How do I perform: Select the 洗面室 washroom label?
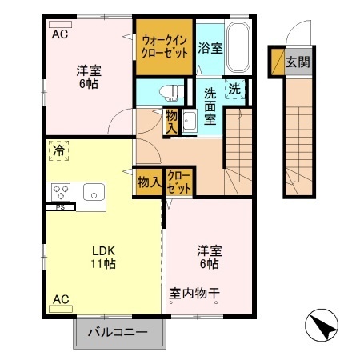[210, 106]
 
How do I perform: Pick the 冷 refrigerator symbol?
[59, 150]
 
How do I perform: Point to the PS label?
[59, 207]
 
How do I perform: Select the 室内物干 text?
[194, 293]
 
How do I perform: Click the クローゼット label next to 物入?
[179, 182]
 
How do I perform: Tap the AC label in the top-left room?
[60, 35]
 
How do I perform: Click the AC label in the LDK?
[60, 299]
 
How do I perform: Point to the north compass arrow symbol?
[321, 324]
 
